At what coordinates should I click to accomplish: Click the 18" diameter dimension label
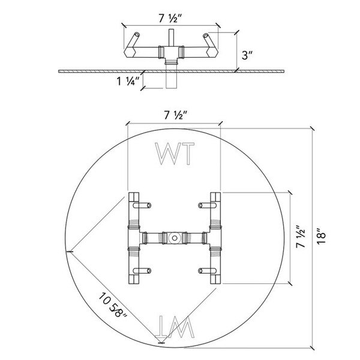click(x=322, y=236)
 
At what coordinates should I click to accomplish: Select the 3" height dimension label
click(x=247, y=55)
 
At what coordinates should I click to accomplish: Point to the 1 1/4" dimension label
click(x=128, y=81)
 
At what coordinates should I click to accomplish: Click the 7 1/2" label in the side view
click(x=170, y=19)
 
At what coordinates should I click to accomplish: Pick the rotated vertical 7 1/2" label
click(x=301, y=236)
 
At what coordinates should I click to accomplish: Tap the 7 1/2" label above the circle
click(x=176, y=115)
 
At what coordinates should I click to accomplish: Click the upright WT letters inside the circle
click(x=175, y=154)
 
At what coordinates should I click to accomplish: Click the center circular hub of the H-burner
click(x=175, y=238)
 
